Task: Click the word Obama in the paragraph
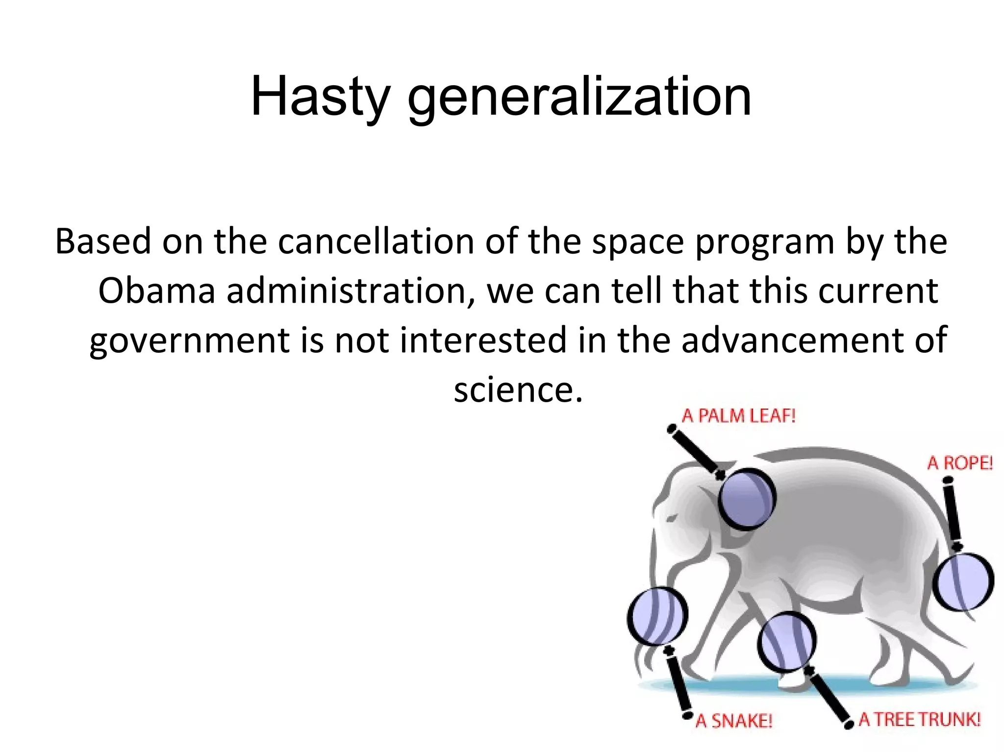click(x=156, y=291)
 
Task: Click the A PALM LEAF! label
click(x=738, y=416)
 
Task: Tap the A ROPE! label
click(x=959, y=463)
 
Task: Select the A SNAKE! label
click(x=734, y=721)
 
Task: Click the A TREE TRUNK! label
click(x=919, y=720)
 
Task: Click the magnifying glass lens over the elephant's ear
click(x=747, y=499)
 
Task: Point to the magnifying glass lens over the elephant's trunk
click(x=657, y=616)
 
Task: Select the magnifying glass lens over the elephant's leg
click(x=787, y=641)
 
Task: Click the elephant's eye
click(x=672, y=518)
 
